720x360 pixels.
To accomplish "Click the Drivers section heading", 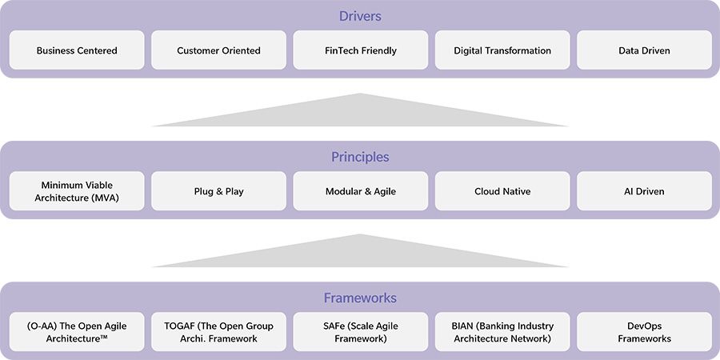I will [x=360, y=16].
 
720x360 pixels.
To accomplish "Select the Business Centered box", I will [x=77, y=50].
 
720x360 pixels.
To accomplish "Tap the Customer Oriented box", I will [x=218, y=50].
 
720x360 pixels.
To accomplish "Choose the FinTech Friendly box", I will [x=360, y=50].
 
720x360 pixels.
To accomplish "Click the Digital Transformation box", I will [x=502, y=50].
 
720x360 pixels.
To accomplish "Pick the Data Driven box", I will [x=644, y=50].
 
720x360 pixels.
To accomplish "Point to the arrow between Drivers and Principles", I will [x=360, y=113].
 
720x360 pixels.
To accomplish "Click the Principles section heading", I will [x=360, y=157].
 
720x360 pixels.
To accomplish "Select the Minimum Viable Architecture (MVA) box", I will [x=77, y=191].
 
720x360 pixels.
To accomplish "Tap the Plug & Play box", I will [x=218, y=191].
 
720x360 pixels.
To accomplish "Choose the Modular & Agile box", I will [x=360, y=191].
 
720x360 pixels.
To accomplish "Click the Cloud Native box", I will [x=502, y=191].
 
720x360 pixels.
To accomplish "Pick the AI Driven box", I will [x=644, y=191].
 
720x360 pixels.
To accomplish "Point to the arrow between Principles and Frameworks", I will [x=360, y=254].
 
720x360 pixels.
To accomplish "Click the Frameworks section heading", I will [x=360, y=298].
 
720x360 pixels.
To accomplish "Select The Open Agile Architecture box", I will [x=77, y=332].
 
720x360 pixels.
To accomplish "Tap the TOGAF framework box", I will [x=218, y=332].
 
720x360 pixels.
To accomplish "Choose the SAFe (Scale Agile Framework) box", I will [x=360, y=332].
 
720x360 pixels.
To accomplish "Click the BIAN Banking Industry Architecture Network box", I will [x=502, y=332].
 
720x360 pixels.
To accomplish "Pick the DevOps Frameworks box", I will [x=644, y=332].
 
